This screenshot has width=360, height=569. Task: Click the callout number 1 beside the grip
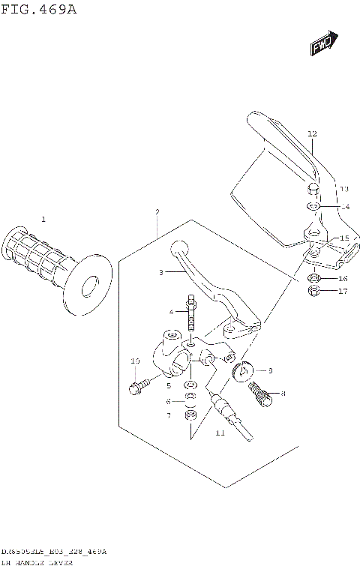[x=43, y=219]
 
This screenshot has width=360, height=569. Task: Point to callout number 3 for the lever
[x=160, y=273]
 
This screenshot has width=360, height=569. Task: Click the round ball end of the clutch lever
[x=179, y=248]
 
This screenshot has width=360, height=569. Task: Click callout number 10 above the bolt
[x=135, y=361]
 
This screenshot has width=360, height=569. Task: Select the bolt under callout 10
[x=136, y=388]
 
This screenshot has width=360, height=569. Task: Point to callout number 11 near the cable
[x=220, y=433]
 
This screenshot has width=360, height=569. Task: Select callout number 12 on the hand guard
[x=312, y=133]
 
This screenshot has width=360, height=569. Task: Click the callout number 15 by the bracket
[x=344, y=238]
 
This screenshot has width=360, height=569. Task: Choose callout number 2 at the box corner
[x=157, y=212]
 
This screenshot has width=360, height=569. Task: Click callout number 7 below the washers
[x=169, y=415]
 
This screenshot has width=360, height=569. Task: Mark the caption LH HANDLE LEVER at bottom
[x=37, y=561]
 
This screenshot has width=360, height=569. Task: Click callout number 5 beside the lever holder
[x=169, y=385]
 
